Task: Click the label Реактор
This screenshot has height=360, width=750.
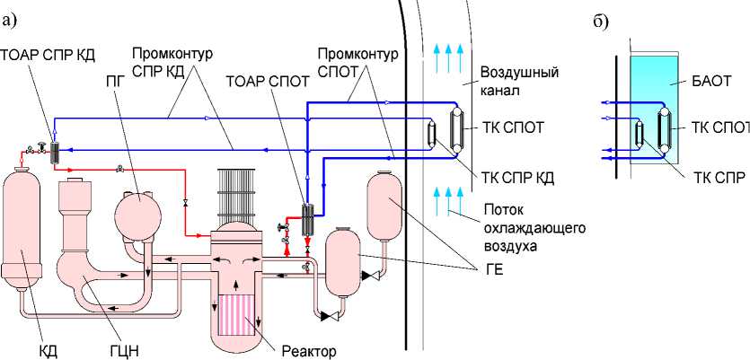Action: [308, 350]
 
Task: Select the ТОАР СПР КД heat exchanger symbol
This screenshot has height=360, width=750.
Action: [54, 150]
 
